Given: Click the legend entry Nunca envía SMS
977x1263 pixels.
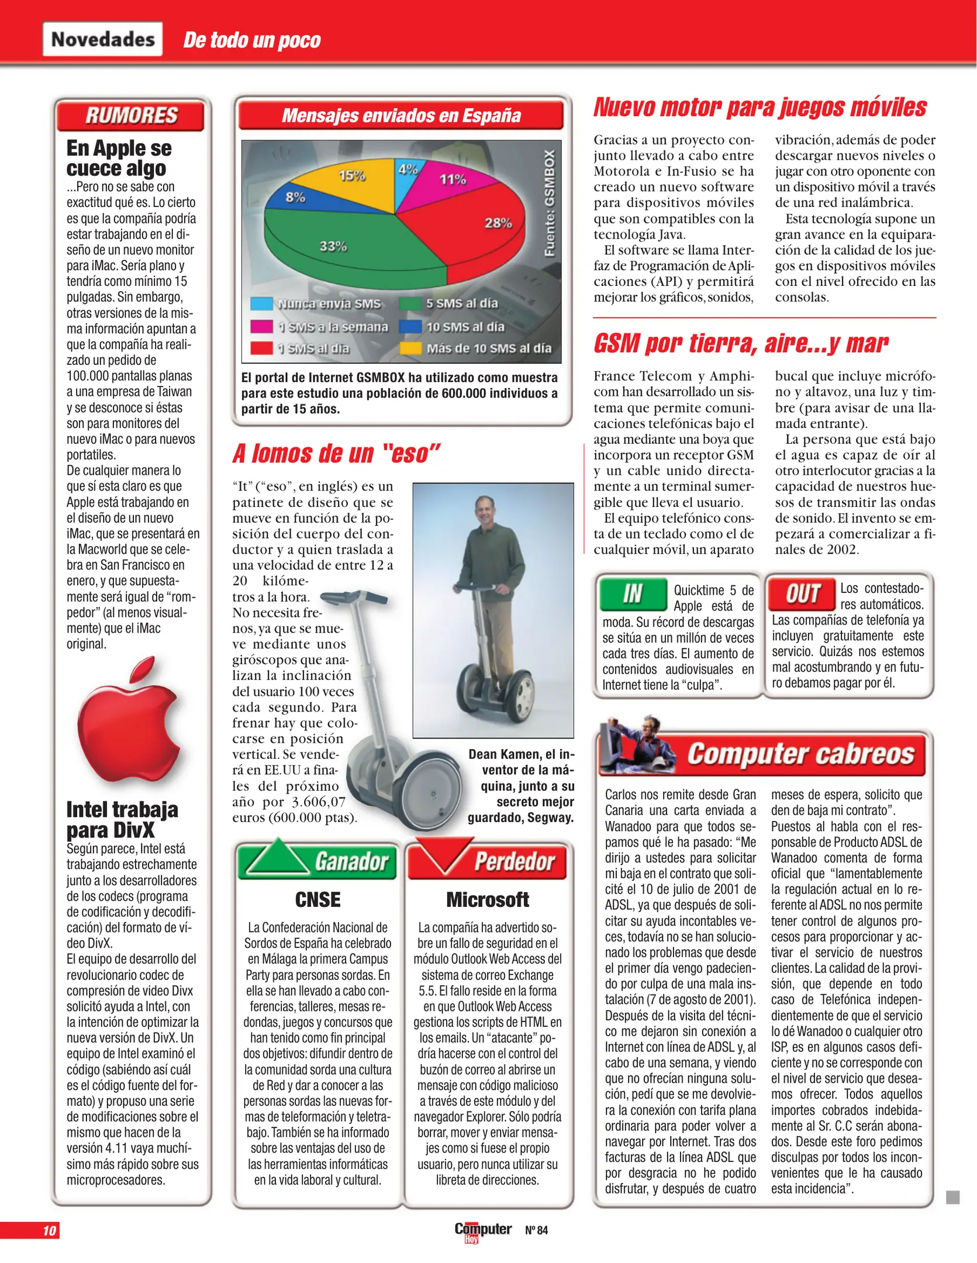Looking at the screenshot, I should tap(319, 303).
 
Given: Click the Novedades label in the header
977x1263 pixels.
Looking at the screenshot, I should tap(103, 39).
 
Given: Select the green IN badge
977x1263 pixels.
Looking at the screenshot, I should tap(633, 594).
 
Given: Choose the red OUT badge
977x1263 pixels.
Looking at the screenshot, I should tap(802, 593).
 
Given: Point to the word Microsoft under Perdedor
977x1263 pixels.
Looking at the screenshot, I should tap(488, 899).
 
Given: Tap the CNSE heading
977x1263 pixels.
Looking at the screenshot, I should tap(317, 899).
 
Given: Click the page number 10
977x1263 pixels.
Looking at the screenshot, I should tap(49, 1230).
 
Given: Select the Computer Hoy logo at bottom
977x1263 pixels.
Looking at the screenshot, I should tap(482, 1230).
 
